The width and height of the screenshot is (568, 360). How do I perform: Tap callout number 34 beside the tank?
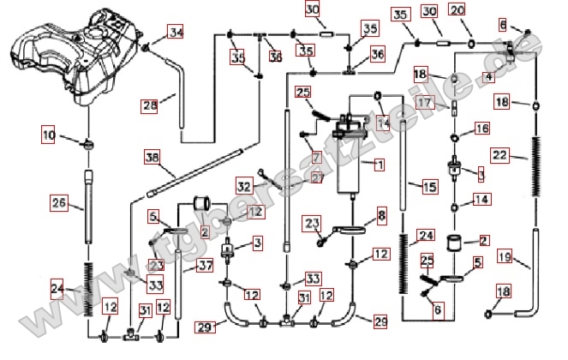click(176, 33)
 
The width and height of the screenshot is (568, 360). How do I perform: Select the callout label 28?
click(150, 106)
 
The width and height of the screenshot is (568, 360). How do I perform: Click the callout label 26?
click(58, 203)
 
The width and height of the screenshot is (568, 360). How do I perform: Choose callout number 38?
click(152, 157)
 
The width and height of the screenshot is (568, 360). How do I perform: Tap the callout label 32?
click(245, 185)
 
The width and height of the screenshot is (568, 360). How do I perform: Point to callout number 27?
click(316, 177)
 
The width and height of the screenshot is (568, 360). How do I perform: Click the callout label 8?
click(382, 212)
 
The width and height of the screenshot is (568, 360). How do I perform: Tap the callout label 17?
click(426, 102)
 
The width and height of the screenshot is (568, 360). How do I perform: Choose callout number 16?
click(481, 128)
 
